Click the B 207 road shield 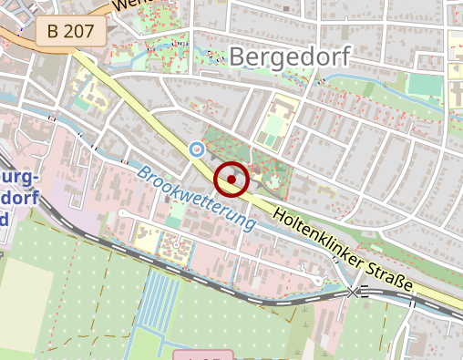(x=71, y=32)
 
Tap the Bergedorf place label (x=289, y=57)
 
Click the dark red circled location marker (x=231, y=180)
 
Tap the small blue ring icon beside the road (x=196, y=148)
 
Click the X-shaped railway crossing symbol (x=354, y=293)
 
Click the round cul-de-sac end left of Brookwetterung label (x=122, y=212)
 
